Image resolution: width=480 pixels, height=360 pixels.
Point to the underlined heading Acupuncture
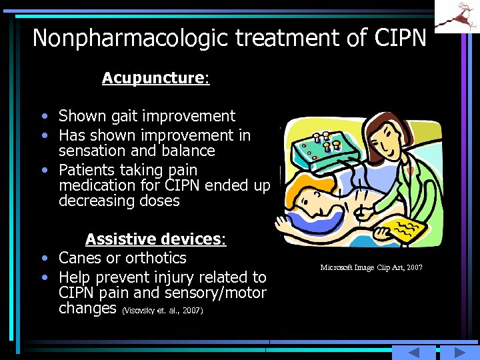coord(155,78)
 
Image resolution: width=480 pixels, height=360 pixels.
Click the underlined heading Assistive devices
coord(155,239)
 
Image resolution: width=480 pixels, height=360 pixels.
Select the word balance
coord(187,151)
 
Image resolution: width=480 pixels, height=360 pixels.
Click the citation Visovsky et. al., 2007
coord(163,311)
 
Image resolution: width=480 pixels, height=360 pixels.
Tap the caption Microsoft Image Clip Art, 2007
coord(371,267)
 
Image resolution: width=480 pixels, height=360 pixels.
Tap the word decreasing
coord(93,201)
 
